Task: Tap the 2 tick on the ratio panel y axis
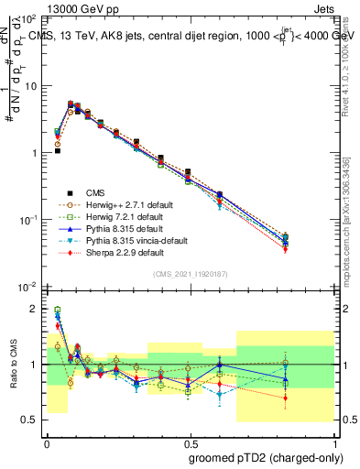pos(34,309)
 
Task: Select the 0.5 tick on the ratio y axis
pos(30,420)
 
